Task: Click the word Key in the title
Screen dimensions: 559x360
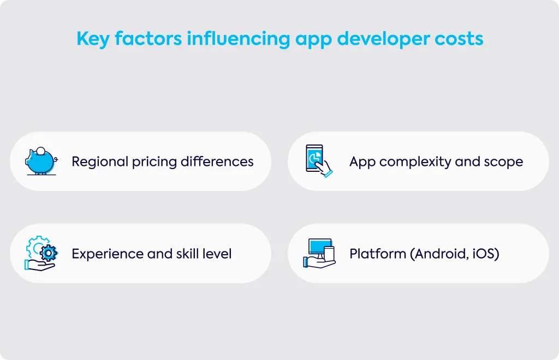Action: [93, 39]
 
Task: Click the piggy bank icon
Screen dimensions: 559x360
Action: [41, 161]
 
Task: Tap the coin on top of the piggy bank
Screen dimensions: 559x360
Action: [41, 151]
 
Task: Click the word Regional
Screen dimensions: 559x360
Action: [100, 162]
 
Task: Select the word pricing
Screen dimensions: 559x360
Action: [154, 162]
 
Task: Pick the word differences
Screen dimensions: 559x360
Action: [217, 161]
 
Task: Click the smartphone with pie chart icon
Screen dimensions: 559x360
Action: [319, 161]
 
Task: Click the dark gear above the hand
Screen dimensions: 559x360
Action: [49, 253]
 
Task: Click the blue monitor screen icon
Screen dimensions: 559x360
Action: [320, 247]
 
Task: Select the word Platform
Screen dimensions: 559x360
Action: [378, 254]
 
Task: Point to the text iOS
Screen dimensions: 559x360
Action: [484, 254]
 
